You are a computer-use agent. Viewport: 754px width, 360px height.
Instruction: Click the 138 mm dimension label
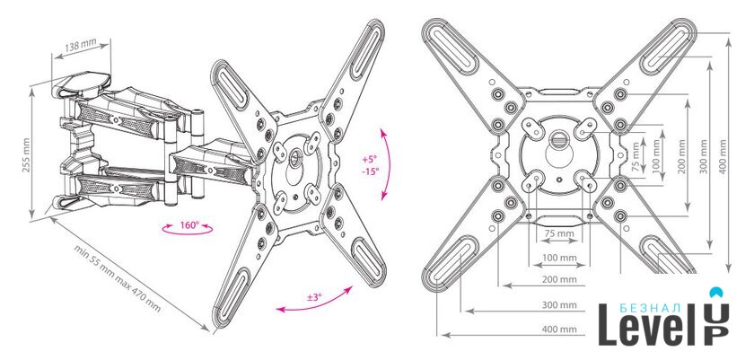pos(80,46)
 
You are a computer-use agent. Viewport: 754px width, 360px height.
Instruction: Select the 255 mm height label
pos(25,155)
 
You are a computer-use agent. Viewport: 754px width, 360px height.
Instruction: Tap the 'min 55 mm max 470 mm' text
pos(117,278)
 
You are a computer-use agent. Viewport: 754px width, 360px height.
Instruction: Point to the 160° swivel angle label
pos(189,225)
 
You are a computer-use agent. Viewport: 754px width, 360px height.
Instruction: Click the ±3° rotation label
pos(313,297)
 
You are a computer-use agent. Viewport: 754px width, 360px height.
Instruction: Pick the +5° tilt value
pos(370,159)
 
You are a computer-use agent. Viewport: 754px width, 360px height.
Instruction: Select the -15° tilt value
pos(371,171)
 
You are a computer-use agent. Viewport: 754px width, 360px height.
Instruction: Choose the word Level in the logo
pos(647,329)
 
